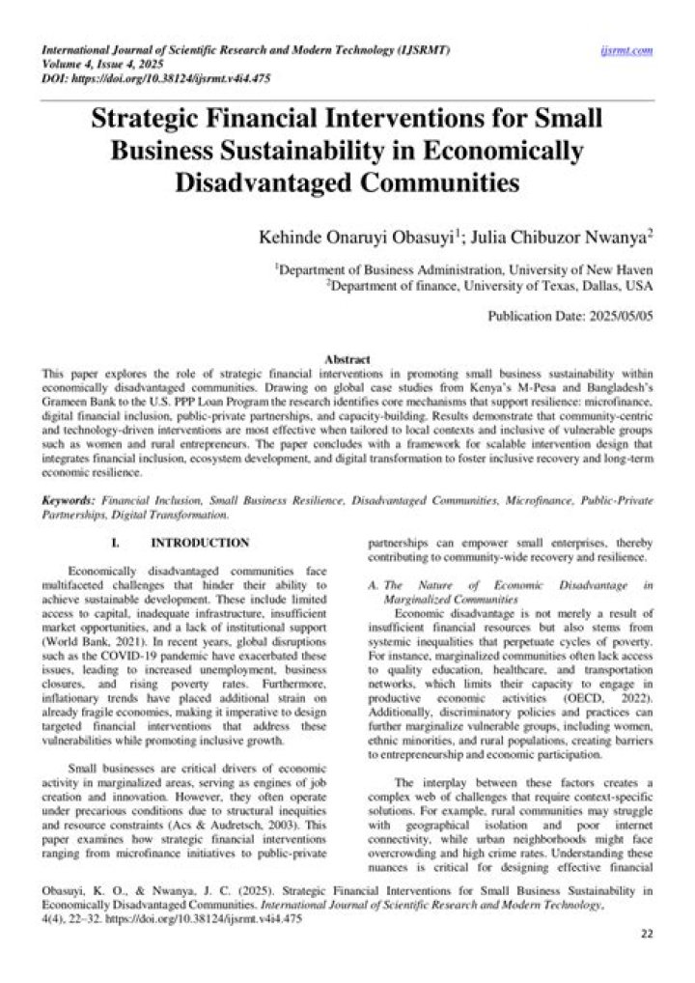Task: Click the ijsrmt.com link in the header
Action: [x=626, y=49]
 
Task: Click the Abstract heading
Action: [x=347, y=358]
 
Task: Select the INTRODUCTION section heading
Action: [x=200, y=544]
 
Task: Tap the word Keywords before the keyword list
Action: [x=69, y=502]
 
